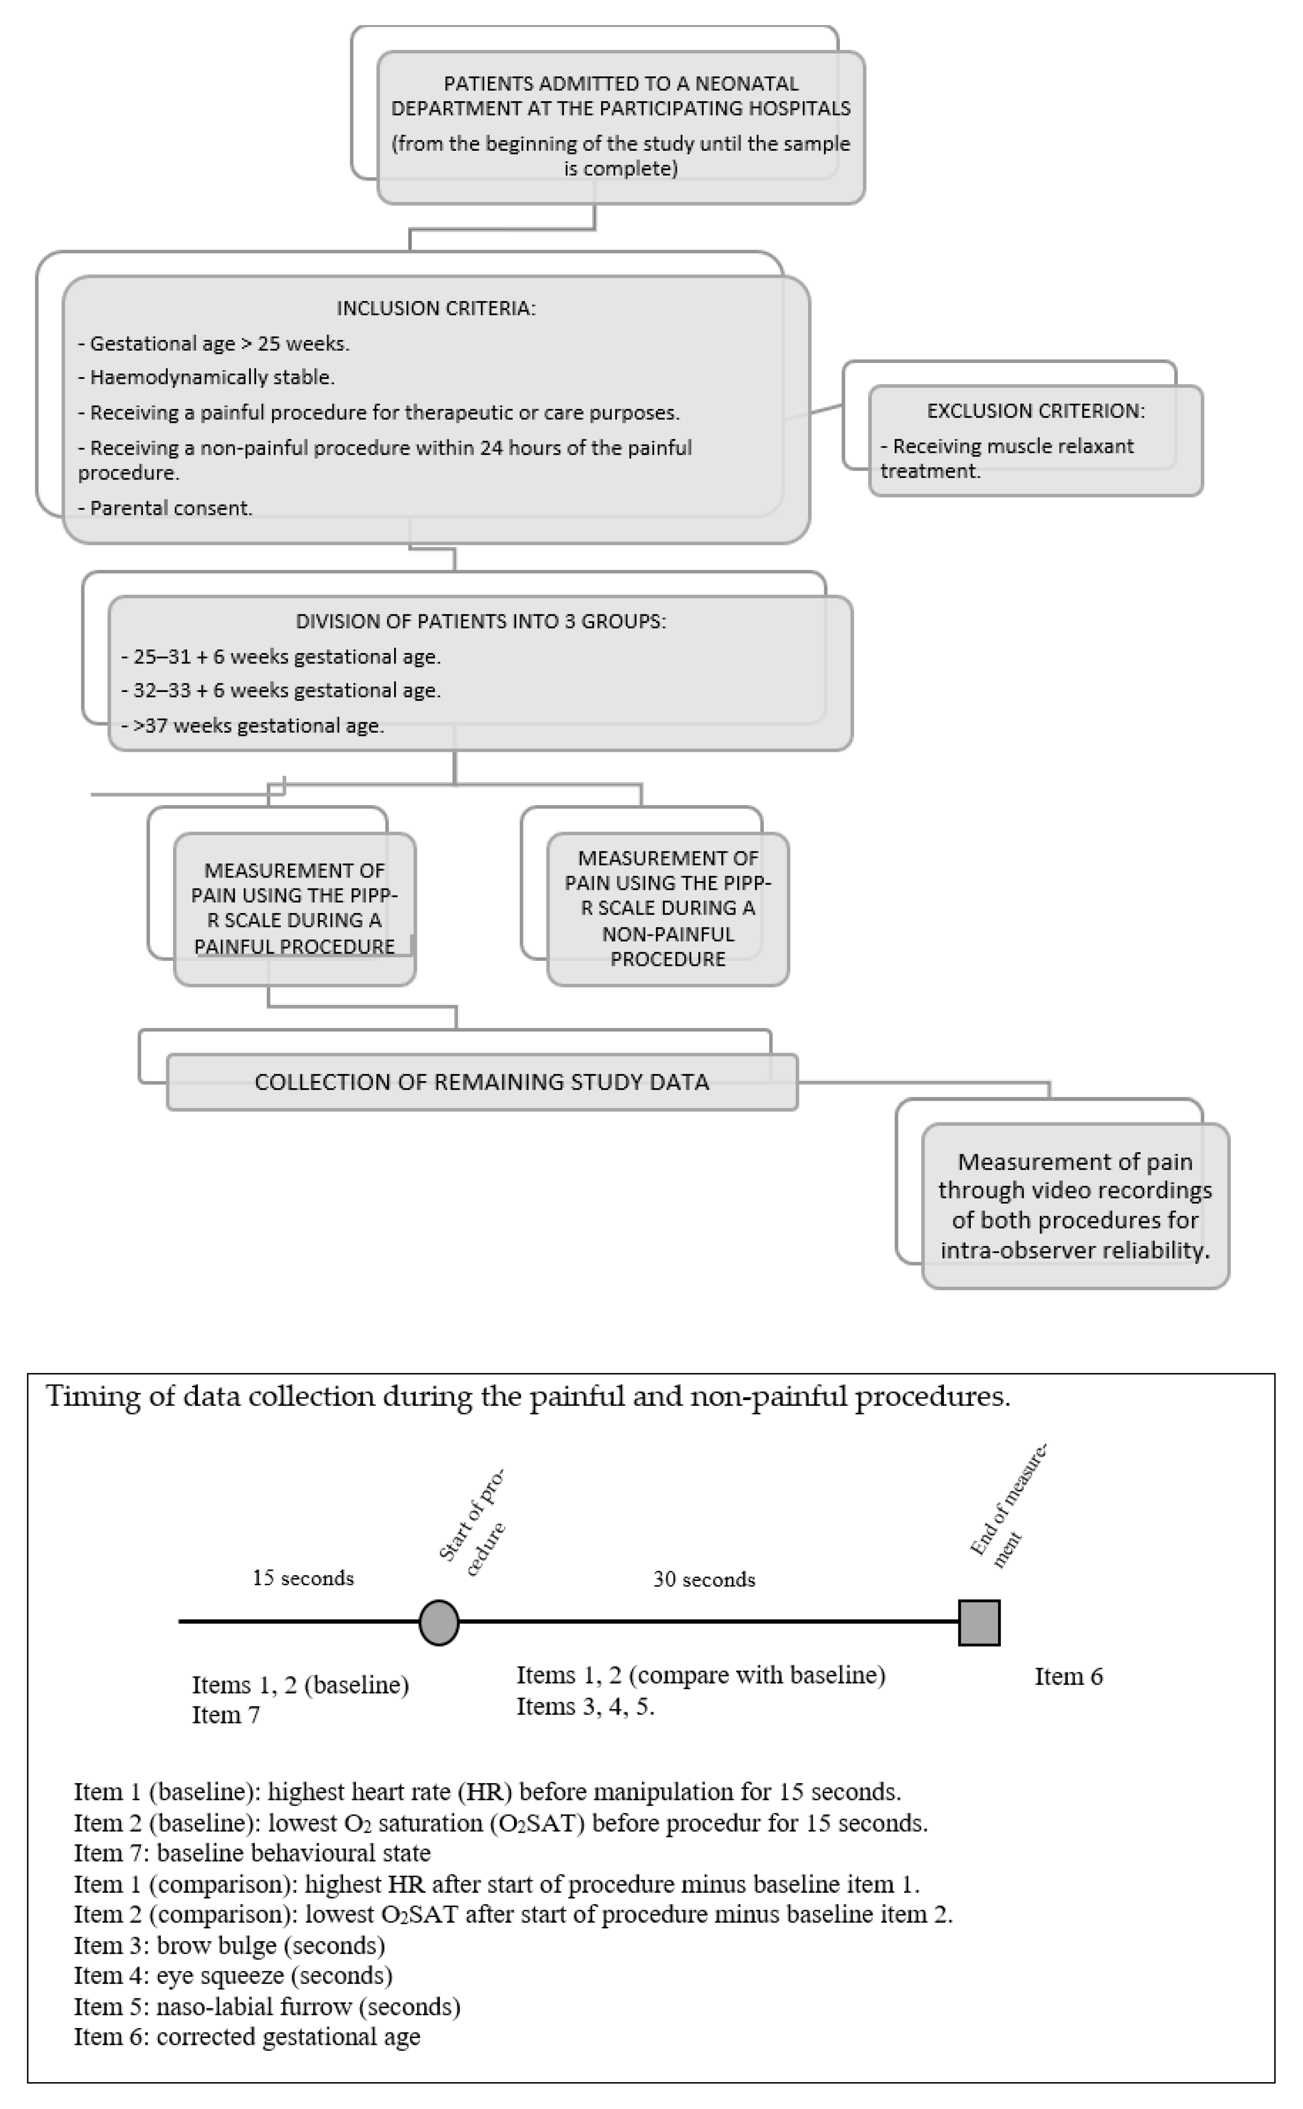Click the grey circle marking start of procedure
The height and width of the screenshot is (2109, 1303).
439,1622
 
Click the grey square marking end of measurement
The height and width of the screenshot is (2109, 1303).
979,1622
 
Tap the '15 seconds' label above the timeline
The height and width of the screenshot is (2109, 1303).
302,1577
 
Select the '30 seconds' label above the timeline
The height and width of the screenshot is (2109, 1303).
704,1579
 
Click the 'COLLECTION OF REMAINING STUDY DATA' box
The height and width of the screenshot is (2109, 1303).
482,1082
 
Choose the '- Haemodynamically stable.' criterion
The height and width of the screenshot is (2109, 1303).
207,377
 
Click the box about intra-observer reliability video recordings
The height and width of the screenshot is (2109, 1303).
1075,1205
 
